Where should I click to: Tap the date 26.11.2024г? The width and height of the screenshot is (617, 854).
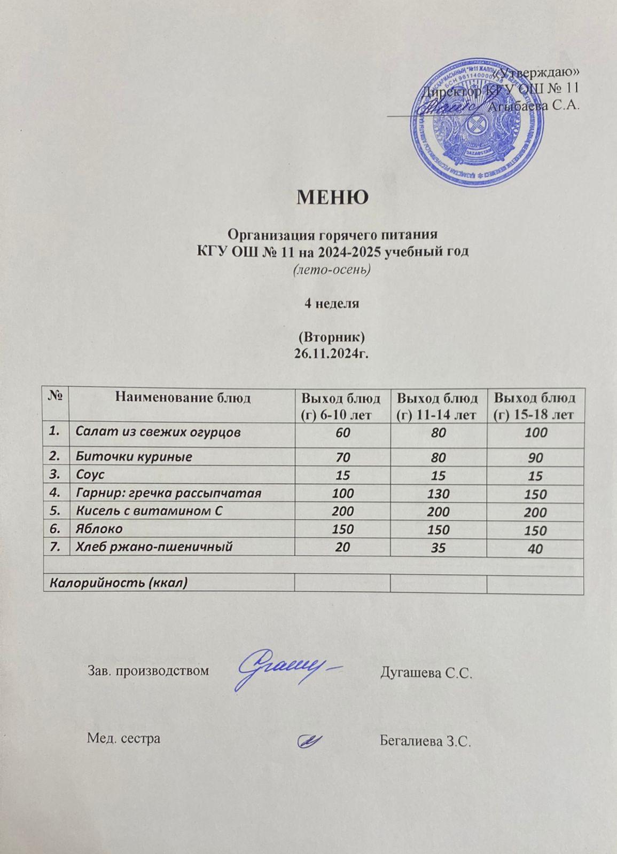click(332, 352)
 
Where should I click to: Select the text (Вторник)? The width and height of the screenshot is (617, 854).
click(332, 337)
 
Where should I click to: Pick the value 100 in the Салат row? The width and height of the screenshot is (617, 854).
click(536, 433)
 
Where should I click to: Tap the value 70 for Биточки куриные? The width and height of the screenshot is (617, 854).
click(342, 457)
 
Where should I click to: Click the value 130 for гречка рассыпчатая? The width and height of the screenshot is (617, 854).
click(439, 494)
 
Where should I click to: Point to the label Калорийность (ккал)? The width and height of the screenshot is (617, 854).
click(119, 582)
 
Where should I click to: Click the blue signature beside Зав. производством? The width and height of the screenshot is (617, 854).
click(288, 668)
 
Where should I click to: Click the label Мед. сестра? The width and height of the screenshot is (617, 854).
click(123, 739)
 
